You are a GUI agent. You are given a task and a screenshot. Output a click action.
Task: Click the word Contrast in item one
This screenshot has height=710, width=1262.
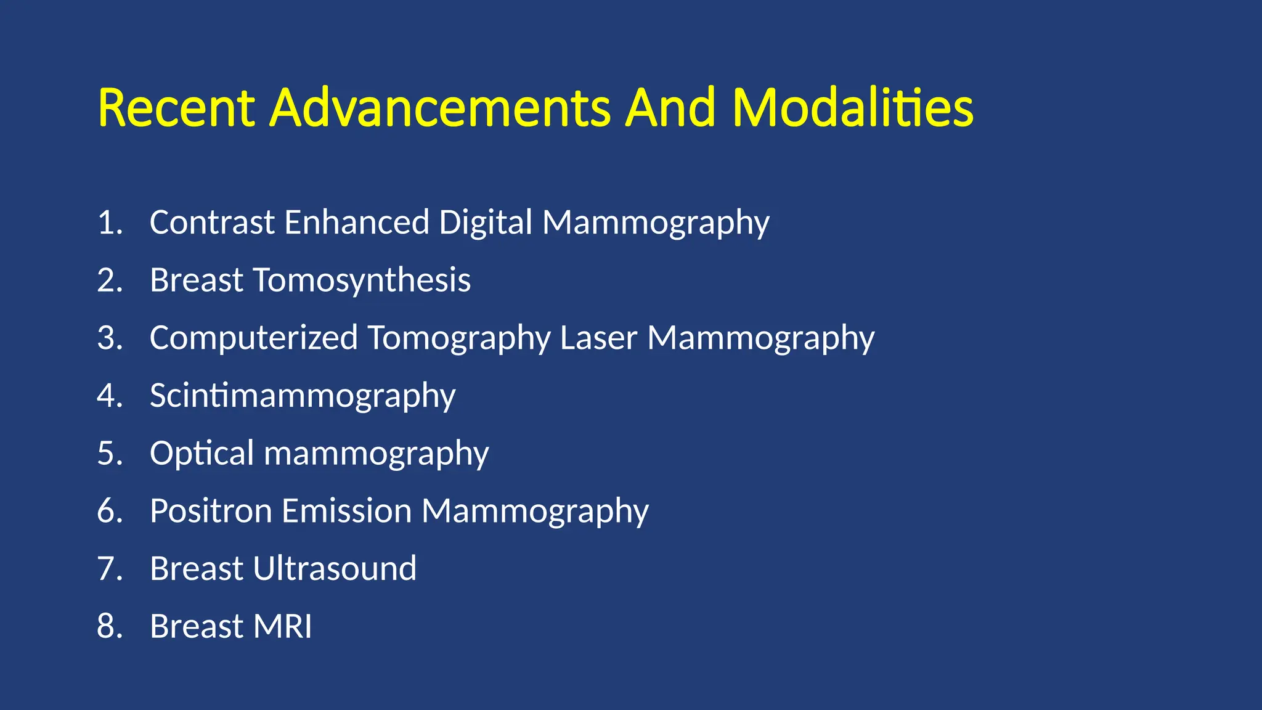pos(211,222)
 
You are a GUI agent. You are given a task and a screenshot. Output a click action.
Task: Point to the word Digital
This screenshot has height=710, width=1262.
pos(485,222)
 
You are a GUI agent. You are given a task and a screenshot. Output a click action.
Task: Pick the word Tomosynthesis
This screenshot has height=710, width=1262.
pos(362,281)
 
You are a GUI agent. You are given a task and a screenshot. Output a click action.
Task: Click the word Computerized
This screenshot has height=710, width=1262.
pos(253,338)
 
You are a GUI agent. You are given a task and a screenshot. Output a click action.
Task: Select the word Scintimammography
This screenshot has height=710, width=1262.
pos(302,396)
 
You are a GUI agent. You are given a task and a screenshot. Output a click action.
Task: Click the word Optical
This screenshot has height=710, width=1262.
pos(202,454)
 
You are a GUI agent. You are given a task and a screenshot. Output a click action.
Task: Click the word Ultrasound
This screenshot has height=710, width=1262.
pos(335,568)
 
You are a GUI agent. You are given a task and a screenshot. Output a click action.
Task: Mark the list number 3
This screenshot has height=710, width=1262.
pos(109,338)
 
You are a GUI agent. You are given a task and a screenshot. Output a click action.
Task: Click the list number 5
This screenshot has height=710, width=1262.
pos(109,454)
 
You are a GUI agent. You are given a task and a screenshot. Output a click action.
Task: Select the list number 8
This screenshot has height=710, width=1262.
pos(109,626)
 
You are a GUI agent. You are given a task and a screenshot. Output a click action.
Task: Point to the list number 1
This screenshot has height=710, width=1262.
pos(109,222)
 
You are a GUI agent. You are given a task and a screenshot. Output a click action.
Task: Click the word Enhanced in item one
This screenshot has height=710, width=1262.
pos(357,222)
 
